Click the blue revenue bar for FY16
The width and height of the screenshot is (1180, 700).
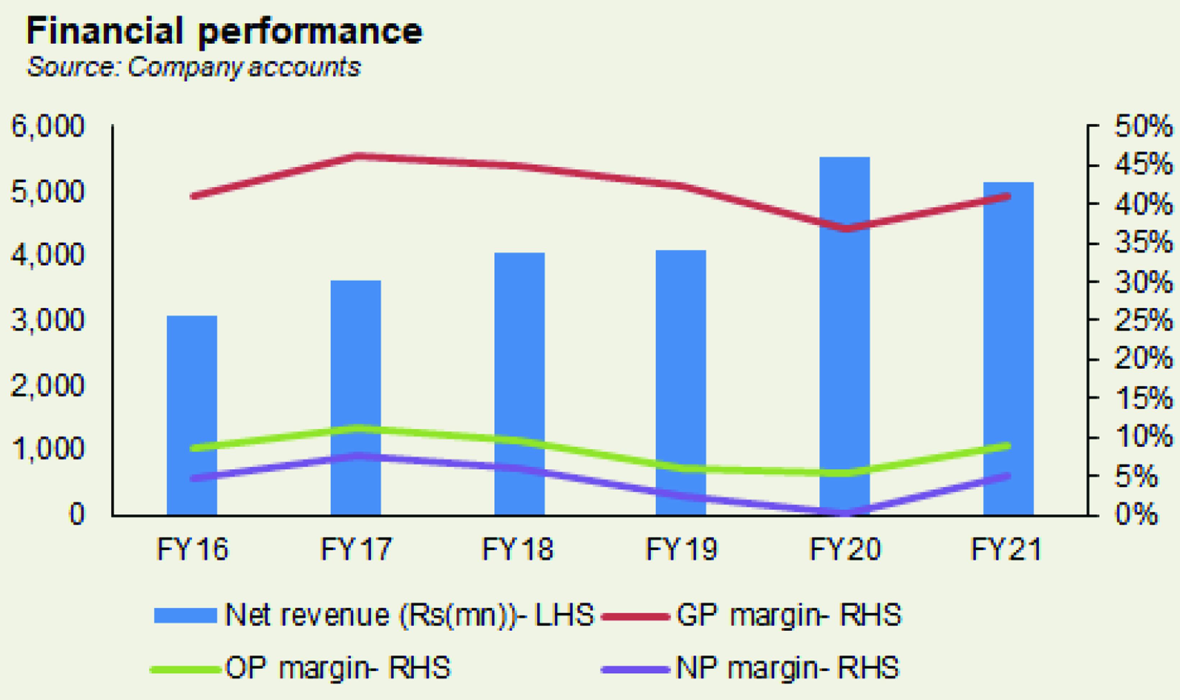point(192,415)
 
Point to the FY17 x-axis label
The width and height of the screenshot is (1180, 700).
point(356,549)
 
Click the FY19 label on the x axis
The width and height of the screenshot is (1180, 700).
point(681,549)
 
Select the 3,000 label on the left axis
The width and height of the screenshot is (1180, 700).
point(47,320)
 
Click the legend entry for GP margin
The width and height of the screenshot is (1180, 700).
point(788,615)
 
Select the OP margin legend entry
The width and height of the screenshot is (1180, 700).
point(338,668)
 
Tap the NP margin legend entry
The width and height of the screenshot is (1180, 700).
point(787,668)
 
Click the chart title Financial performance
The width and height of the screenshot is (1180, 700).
point(224,31)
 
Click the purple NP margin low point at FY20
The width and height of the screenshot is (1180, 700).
point(844,512)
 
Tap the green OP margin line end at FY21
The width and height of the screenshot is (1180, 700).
point(1007,446)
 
